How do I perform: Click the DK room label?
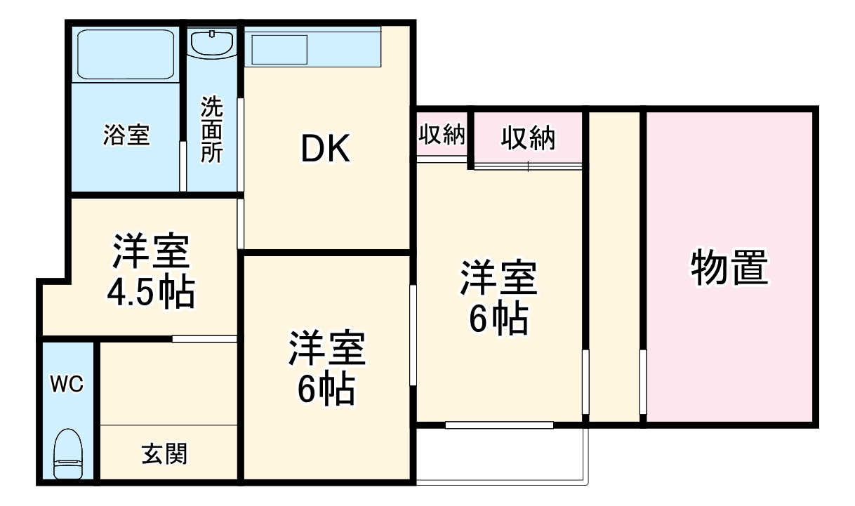point(325,149)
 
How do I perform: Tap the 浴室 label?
point(126,135)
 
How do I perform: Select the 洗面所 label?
point(211,130)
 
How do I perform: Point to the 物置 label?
point(729,267)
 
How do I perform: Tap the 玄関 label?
point(165,454)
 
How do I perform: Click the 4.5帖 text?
point(150,293)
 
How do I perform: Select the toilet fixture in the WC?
point(68,454)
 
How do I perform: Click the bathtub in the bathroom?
point(126,54)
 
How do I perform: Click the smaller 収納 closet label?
point(442,135)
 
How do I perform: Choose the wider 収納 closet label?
point(528,138)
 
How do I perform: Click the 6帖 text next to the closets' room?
point(498,320)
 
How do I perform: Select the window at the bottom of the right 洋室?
point(499,425)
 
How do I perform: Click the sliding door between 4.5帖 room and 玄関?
point(204,339)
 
